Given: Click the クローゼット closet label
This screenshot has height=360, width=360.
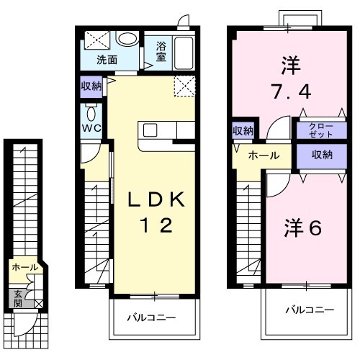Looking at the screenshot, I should point(317,131).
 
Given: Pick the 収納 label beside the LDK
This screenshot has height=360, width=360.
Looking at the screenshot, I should point(91,86).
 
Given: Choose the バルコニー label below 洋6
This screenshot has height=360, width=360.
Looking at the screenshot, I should point(309,310).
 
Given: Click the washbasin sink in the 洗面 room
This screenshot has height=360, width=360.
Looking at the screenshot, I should point(128,40).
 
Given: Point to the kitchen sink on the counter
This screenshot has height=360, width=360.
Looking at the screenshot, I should point(150,130).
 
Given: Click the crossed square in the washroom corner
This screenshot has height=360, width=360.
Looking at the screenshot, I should point(94,40).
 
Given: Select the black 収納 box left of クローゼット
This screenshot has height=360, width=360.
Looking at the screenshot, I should point(243,130).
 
